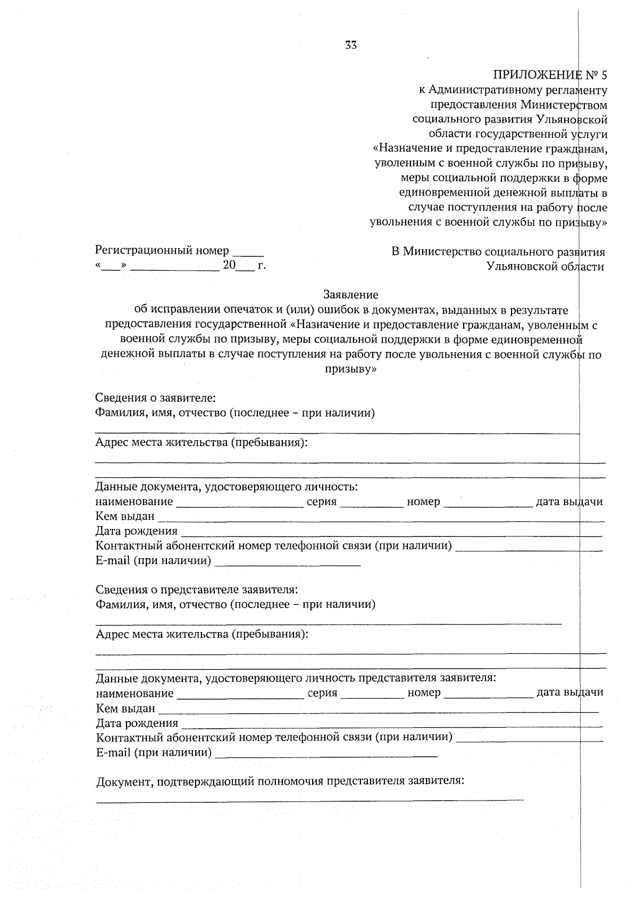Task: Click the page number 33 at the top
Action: click(x=351, y=45)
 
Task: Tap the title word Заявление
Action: click(x=351, y=295)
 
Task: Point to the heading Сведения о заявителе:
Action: click(x=155, y=398)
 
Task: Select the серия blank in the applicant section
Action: click(x=372, y=505)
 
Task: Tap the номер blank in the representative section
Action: click(x=488, y=696)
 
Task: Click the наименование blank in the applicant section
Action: click(x=239, y=505)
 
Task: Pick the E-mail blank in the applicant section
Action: click(x=287, y=564)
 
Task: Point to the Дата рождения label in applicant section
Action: click(x=137, y=531)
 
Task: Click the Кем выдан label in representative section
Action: click(x=125, y=708)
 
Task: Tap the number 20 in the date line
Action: click(x=229, y=265)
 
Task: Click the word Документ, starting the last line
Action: click(x=124, y=781)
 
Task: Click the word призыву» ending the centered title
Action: click(x=351, y=369)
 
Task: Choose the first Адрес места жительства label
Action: click(x=202, y=442)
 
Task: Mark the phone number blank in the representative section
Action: click(x=529, y=740)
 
